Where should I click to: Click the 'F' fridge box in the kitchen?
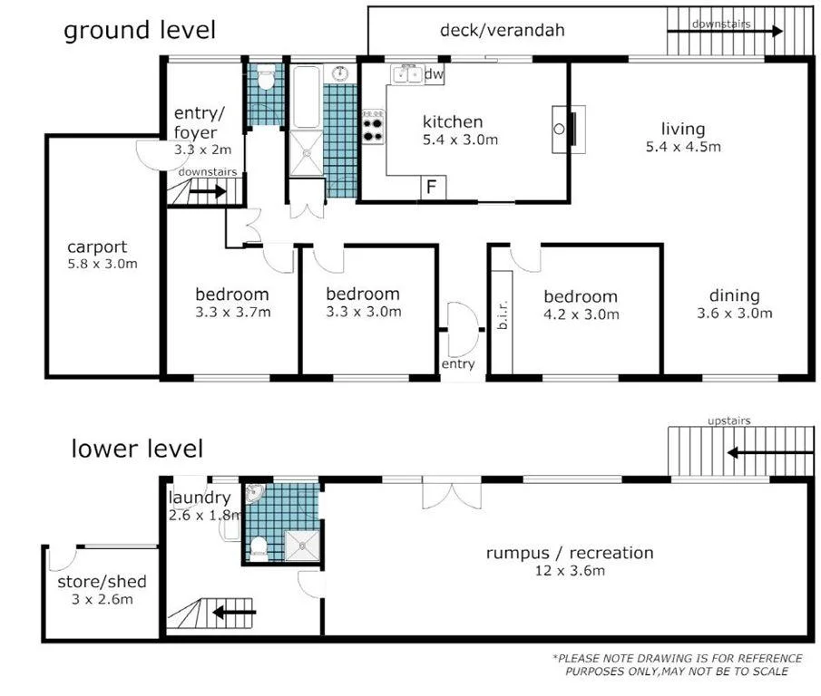click(x=433, y=188)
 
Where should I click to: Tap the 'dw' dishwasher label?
click(x=434, y=73)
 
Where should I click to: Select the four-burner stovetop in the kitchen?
click(x=374, y=127)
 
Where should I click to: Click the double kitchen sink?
click(x=406, y=74)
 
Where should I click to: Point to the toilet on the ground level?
click(x=266, y=76)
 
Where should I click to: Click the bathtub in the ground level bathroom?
click(x=306, y=97)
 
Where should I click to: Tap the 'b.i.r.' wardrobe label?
click(x=503, y=314)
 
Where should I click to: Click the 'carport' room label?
click(x=97, y=246)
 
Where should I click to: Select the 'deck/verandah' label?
click(x=503, y=30)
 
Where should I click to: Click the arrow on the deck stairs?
click(x=725, y=32)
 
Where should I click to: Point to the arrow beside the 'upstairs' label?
click(x=769, y=452)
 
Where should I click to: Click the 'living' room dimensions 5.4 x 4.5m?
click(x=683, y=147)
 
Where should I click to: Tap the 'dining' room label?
click(x=735, y=296)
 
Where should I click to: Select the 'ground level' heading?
click(x=140, y=31)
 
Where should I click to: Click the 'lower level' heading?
click(x=137, y=449)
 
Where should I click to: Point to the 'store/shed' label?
click(x=103, y=582)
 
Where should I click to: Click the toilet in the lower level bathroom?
click(x=259, y=548)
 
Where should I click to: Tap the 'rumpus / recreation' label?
click(x=570, y=553)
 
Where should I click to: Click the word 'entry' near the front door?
click(x=458, y=364)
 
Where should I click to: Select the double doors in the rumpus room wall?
click(x=452, y=492)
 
